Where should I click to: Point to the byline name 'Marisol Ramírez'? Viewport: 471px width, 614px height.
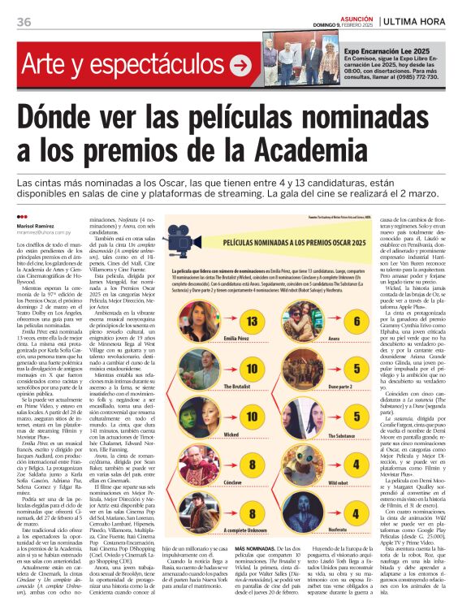pos(33,226)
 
